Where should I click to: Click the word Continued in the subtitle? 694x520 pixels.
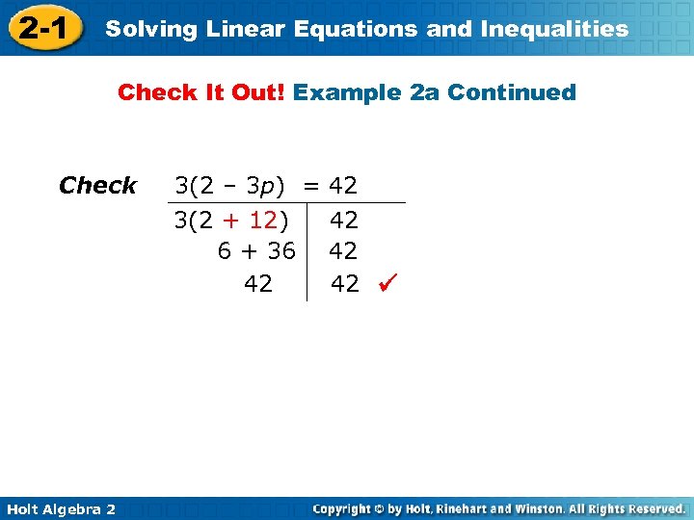(x=512, y=92)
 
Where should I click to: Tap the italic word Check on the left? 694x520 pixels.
(x=97, y=185)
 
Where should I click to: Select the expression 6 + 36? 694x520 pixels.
(x=256, y=251)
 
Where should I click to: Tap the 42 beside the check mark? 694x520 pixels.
(x=345, y=283)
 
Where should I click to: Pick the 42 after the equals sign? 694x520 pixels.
(x=343, y=185)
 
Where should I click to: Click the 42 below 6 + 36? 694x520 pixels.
(x=258, y=283)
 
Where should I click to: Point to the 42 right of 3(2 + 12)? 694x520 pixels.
(x=344, y=221)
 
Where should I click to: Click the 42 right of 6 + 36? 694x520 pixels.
(x=343, y=251)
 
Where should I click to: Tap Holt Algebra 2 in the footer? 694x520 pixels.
(x=59, y=508)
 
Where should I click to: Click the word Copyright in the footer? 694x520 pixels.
(x=344, y=508)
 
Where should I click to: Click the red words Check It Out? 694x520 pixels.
(x=201, y=92)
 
